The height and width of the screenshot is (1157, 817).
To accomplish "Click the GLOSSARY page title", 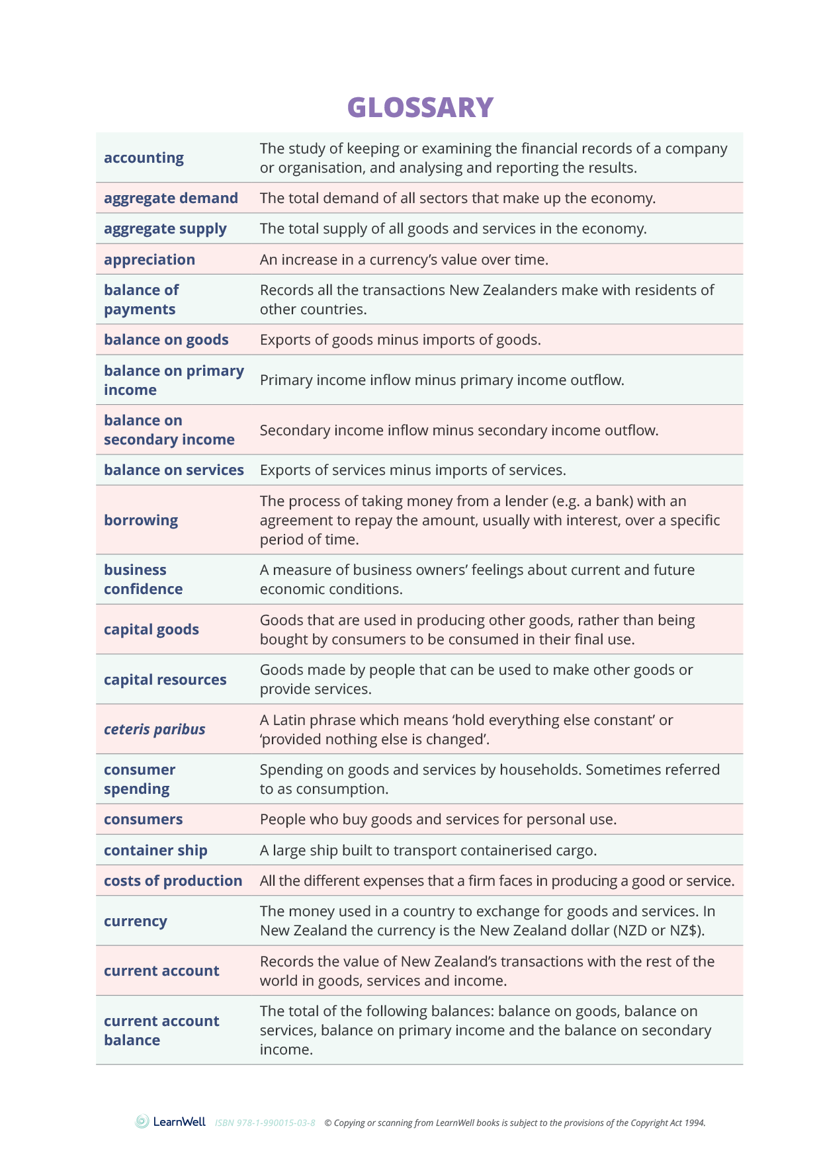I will [420, 108].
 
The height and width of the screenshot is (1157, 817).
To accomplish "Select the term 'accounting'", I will [144, 158].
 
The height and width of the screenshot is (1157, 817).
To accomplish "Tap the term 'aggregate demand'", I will [171, 198].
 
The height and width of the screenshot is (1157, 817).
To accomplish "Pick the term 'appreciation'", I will [150, 260].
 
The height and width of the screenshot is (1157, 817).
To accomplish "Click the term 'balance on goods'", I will [166, 340].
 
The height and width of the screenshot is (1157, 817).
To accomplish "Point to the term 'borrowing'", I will [141, 521].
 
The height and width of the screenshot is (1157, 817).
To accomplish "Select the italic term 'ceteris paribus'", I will [154, 730].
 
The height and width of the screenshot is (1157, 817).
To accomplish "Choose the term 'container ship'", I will [155, 851].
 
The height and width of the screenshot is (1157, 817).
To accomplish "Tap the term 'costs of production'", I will [173, 881].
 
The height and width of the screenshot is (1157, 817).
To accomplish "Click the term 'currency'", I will [136, 921].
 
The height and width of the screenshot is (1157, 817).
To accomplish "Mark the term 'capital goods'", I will [151, 630].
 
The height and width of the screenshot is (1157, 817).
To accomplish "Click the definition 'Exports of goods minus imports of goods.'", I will [400, 340].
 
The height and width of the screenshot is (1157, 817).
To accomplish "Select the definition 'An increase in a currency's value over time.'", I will [404, 260].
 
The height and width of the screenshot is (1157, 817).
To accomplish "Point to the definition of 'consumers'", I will [438, 820].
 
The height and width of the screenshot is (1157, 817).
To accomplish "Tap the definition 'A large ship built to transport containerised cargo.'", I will [428, 851].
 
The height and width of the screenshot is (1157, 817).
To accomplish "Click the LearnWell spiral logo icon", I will [142, 1121].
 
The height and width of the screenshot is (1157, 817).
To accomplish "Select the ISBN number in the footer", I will [265, 1123].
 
